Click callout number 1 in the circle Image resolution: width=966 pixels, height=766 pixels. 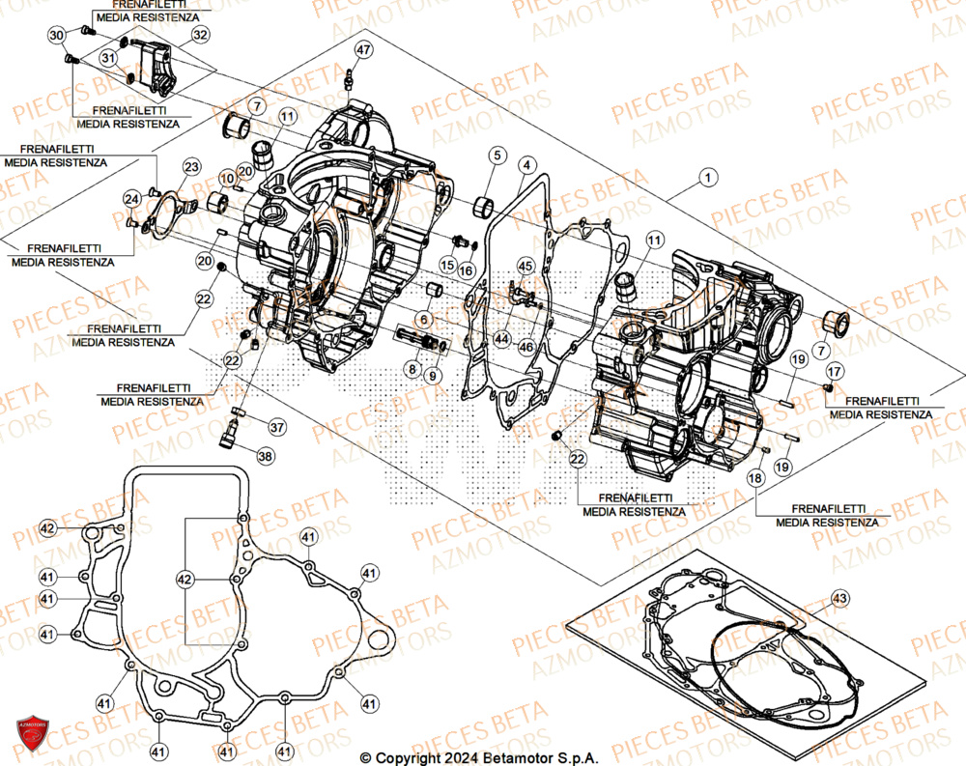(x=710, y=178)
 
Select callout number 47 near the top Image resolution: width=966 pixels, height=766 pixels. (x=362, y=50)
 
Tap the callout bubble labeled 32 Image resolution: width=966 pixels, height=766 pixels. (x=199, y=36)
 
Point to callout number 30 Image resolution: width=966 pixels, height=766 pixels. (x=57, y=36)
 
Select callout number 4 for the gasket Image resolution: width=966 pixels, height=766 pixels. (x=526, y=165)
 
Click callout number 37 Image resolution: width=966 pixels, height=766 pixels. (x=276, y=426)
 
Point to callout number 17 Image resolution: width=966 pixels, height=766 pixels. (x=834, y=370)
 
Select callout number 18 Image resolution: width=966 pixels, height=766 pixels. (x=754, y=477)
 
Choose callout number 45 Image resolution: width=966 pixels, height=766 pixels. (x=525, y=265)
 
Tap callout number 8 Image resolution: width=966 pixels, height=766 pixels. (x=412, y=368)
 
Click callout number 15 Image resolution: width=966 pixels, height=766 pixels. (x=448, y=265)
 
